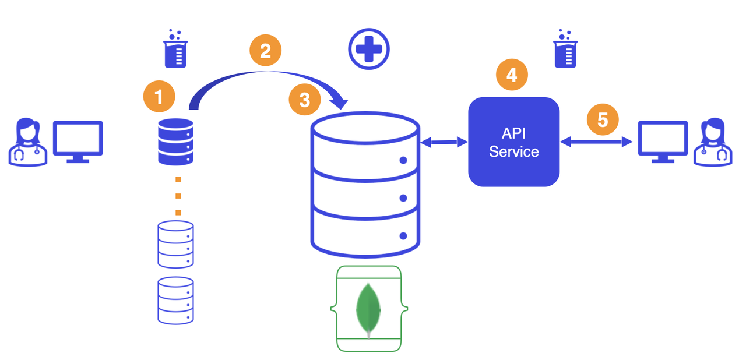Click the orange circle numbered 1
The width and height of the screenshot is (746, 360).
point(159,97)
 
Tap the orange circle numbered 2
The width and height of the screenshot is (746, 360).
point(265,50)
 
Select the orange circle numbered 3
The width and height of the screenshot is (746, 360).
point(305,100)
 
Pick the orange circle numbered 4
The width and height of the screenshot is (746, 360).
point(512,75)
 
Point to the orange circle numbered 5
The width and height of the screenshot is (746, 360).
point(603,119)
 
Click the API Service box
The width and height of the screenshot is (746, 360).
point(514,142)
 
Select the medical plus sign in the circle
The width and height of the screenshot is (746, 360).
point(369,49)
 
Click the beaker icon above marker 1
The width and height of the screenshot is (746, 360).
point(175,48)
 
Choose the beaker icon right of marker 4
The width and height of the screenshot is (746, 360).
point(565,48)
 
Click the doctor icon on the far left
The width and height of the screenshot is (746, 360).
point(27,142)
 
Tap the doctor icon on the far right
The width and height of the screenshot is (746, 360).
point(713,142)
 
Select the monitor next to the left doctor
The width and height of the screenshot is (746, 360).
point(78,142)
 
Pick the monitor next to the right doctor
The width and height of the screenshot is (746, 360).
point(663,142)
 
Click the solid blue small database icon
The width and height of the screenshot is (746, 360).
point(175,142)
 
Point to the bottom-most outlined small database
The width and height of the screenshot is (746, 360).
point(175,301)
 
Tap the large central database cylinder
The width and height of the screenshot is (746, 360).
point(365,185)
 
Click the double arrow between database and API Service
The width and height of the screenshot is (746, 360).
point(444,142)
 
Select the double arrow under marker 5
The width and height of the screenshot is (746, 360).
point(596,142)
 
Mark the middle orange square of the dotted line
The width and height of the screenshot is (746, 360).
point(178,196)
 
